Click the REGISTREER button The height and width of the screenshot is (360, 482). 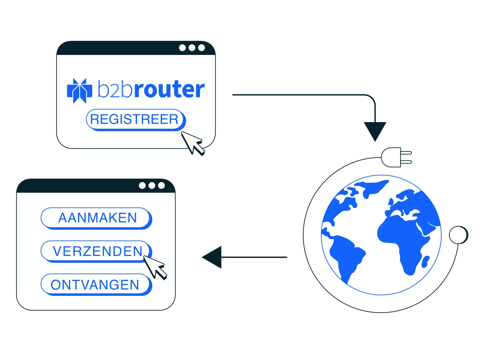pyautogui.click(x=136, y=120)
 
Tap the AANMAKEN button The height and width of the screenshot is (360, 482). pyautogui.click(x=96, y=218)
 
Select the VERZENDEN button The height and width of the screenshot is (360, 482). pyautogui.click(x=96, y=251)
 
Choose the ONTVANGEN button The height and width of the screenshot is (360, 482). pyautogui.click(x=96, y=285)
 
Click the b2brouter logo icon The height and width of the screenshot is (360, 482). pyautogui.click(x=80, y=91)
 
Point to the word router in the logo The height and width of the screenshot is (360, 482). pyautogui.click(x=169, y=89)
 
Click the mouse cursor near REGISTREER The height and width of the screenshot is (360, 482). pyautogui.click(x=193, y=144)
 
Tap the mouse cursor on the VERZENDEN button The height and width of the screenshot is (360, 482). pyautogui.click(x=155, y=268)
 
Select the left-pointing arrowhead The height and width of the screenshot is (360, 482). pyautogui.click(x=212, y=257)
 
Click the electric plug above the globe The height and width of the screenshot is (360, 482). pyautogui.click(x=396, y=157)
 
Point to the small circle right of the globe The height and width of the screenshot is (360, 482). pyautogui.click(x=459, y=235)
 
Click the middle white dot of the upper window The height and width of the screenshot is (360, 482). pyautogui.click(x=192, y=47)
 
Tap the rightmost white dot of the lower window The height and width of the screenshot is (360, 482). pyautogui.click(x=161, y=186)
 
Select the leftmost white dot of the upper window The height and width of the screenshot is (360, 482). pyautogui.click(x=182, y=47)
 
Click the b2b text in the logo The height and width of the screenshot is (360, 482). pyautogui.click(x=115, y=88)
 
